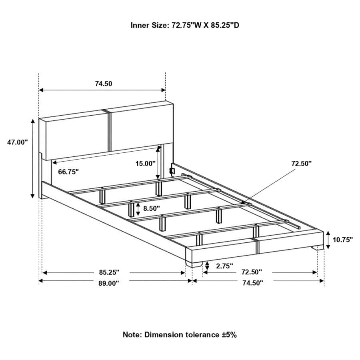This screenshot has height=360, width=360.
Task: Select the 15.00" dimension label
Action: [x=145, y=163]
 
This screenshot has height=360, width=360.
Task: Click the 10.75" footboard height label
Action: [x=343, y=240]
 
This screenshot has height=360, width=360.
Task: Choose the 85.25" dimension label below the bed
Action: [x=110, y=272]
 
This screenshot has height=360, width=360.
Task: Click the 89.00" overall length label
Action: [x=110, y=283]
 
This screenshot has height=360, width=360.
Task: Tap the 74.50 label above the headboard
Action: [x=103, y=84]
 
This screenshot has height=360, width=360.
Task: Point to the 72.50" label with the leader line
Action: [x=301, y=163]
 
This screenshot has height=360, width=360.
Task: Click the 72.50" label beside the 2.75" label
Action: [x=251, y=272]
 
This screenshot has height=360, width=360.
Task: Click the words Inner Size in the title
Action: [x=148, y=25]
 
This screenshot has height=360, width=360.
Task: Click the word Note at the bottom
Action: [x=132, y=334]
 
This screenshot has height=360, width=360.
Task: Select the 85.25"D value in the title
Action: [x=225, y=25]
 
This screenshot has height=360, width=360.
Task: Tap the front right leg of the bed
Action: [x=318, y=248]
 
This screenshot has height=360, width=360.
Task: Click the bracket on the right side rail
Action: [x=173, y=170]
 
